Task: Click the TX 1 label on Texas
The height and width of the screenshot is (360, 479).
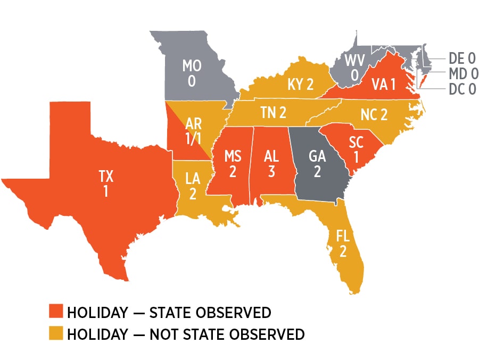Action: [x=105, y=183]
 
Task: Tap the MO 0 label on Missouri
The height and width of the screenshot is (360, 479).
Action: [x=192, y=73]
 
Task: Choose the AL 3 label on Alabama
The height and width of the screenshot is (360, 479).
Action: [x=271, y=164]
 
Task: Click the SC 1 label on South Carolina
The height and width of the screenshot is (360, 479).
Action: [x=356, y=148]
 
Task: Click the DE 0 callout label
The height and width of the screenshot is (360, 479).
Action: [x=461, y=58]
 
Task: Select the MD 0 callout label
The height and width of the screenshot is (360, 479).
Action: [x=461, y=73]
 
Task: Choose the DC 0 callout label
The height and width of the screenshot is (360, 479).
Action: [x=461, y=89]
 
